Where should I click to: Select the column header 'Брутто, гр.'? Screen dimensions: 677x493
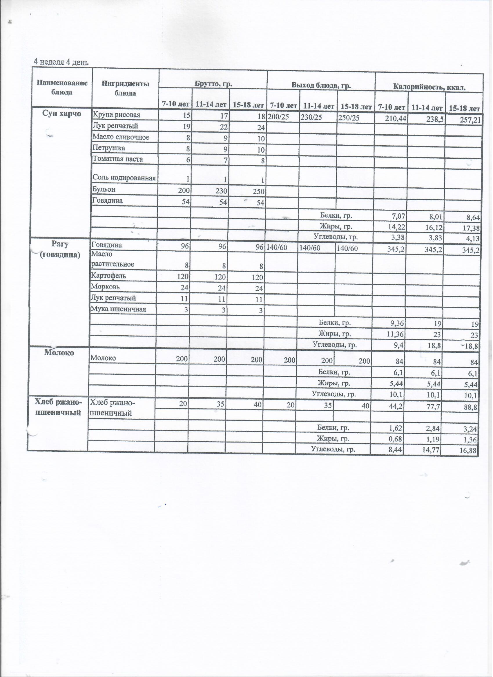(213, 84)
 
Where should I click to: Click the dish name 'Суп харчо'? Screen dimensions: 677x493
(62, 114)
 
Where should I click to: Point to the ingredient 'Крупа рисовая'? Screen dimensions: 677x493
(117, 115)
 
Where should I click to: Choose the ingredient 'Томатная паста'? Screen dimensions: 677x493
(118, 159)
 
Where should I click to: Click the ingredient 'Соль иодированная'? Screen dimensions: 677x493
(124, 178)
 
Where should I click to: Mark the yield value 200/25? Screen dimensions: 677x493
(278, 117)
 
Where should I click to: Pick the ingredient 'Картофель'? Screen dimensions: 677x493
(108, 276)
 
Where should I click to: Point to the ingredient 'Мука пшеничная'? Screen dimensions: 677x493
(119, 309)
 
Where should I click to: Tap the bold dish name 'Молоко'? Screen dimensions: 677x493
(59, 352)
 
